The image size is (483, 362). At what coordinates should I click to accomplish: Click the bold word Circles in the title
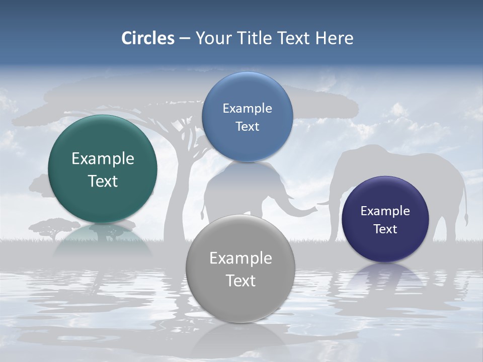[x=148, y=38]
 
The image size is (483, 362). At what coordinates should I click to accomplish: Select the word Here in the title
[x=335, y=38]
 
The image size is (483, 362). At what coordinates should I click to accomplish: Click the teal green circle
[x=103, y=169]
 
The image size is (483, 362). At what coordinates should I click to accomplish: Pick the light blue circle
[x=247, y=117]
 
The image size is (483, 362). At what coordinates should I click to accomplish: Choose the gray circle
[x=240, y=268]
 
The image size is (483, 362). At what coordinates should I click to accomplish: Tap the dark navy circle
[x=385, y=219]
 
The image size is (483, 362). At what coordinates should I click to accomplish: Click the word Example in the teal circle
[x=103, y=159]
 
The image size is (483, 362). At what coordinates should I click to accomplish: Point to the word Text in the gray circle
[x=240, y=281]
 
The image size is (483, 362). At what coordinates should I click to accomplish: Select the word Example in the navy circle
[x=385, y=211]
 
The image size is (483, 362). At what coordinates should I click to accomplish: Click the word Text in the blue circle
[x=247, y=127]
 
